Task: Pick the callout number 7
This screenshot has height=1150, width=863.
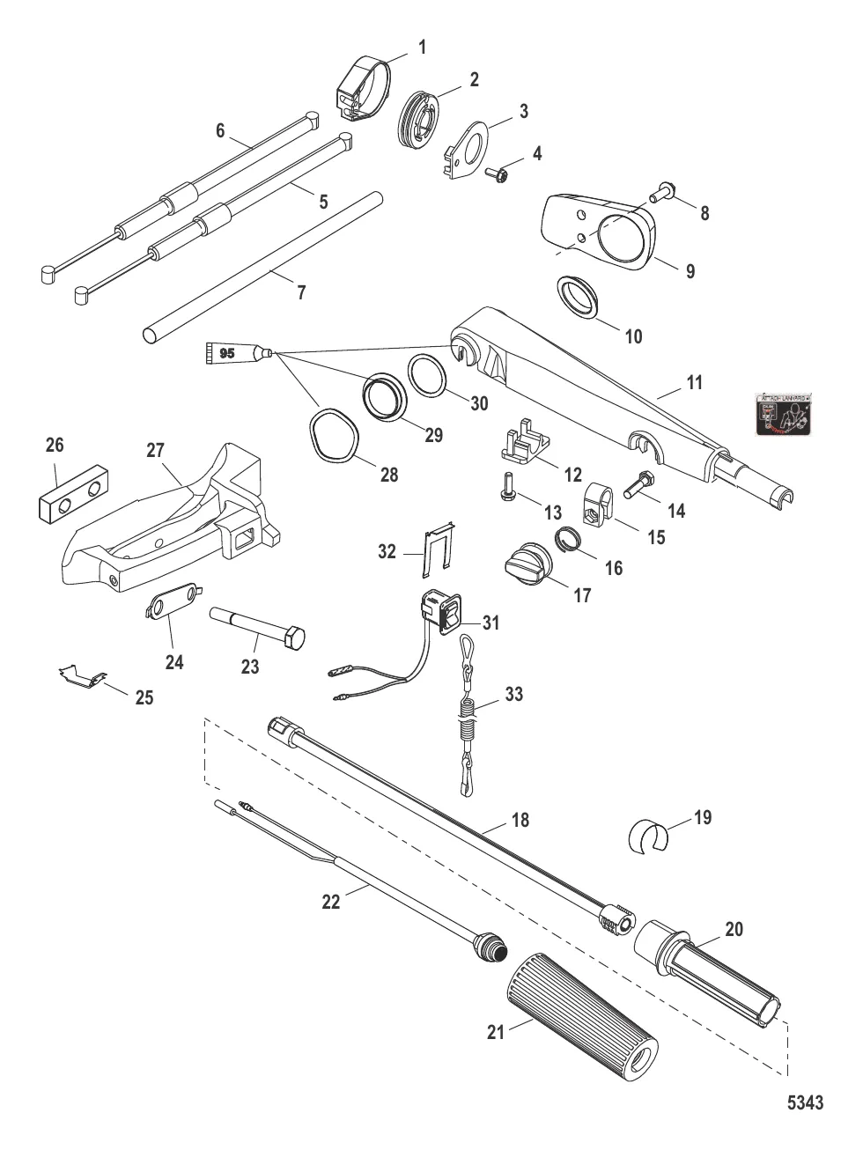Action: click(x=301, y=293)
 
